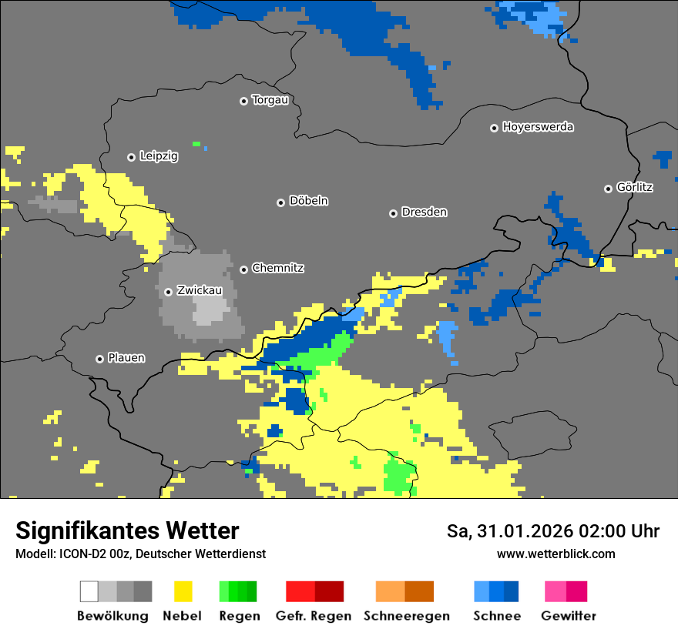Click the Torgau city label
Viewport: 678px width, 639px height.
(x=270, y=100)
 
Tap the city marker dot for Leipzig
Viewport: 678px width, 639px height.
(x=131, y=157)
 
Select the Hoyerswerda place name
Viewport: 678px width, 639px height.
(x=538, y=127)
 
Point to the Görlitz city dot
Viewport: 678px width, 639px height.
(x=608, y=189)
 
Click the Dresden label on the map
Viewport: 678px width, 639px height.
(x=424, y=212)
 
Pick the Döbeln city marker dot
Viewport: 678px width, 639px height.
(x=280, y=202)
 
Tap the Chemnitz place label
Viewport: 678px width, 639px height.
(x=277, y=269)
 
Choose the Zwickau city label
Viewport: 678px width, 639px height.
(x=200, y=291)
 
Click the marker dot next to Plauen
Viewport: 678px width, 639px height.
(x=99, y=359)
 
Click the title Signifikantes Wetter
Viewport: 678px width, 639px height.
(x=127, y=530)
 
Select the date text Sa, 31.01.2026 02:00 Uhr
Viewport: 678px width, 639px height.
(x=552, y=531)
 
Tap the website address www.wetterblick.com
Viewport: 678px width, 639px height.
(x=555, y=554)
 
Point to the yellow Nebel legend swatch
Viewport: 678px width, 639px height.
(x=183, y=591)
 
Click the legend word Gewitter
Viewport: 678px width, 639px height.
(x=568, y=616)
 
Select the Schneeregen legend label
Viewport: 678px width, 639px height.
(x=406, y=616)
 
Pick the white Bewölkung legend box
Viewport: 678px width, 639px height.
(x=89, y=591)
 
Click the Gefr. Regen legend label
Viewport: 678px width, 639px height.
(x=313, y=616)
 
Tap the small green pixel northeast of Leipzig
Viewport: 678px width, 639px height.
(x=196, y=144)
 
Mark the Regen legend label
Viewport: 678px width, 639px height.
(x=237, y=616)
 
